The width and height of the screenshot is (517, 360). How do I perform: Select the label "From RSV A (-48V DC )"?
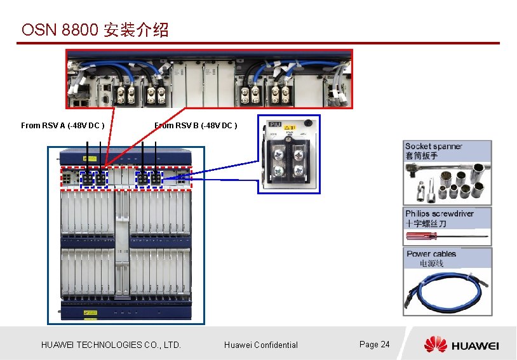(63, 126)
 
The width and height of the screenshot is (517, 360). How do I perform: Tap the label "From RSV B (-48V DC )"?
(196, 126)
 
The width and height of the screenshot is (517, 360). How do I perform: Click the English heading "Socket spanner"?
(434, 146)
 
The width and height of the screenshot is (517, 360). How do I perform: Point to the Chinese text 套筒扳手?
(422, 156)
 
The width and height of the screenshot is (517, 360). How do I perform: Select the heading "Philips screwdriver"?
(440, 213)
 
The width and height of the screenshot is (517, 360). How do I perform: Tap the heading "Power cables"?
(431, 254)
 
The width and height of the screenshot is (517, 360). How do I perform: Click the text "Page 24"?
(374, 344)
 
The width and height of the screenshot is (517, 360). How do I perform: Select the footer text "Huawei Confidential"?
(260, 345)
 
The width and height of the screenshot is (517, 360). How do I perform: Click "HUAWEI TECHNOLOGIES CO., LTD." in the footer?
(111, 345)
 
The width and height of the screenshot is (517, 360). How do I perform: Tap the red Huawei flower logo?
(436, 345)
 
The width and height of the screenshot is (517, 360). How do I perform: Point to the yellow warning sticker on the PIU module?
(289, 128)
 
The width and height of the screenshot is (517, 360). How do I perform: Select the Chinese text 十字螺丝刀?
(426, 223)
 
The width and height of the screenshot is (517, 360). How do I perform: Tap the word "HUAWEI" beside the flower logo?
(475, 345)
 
